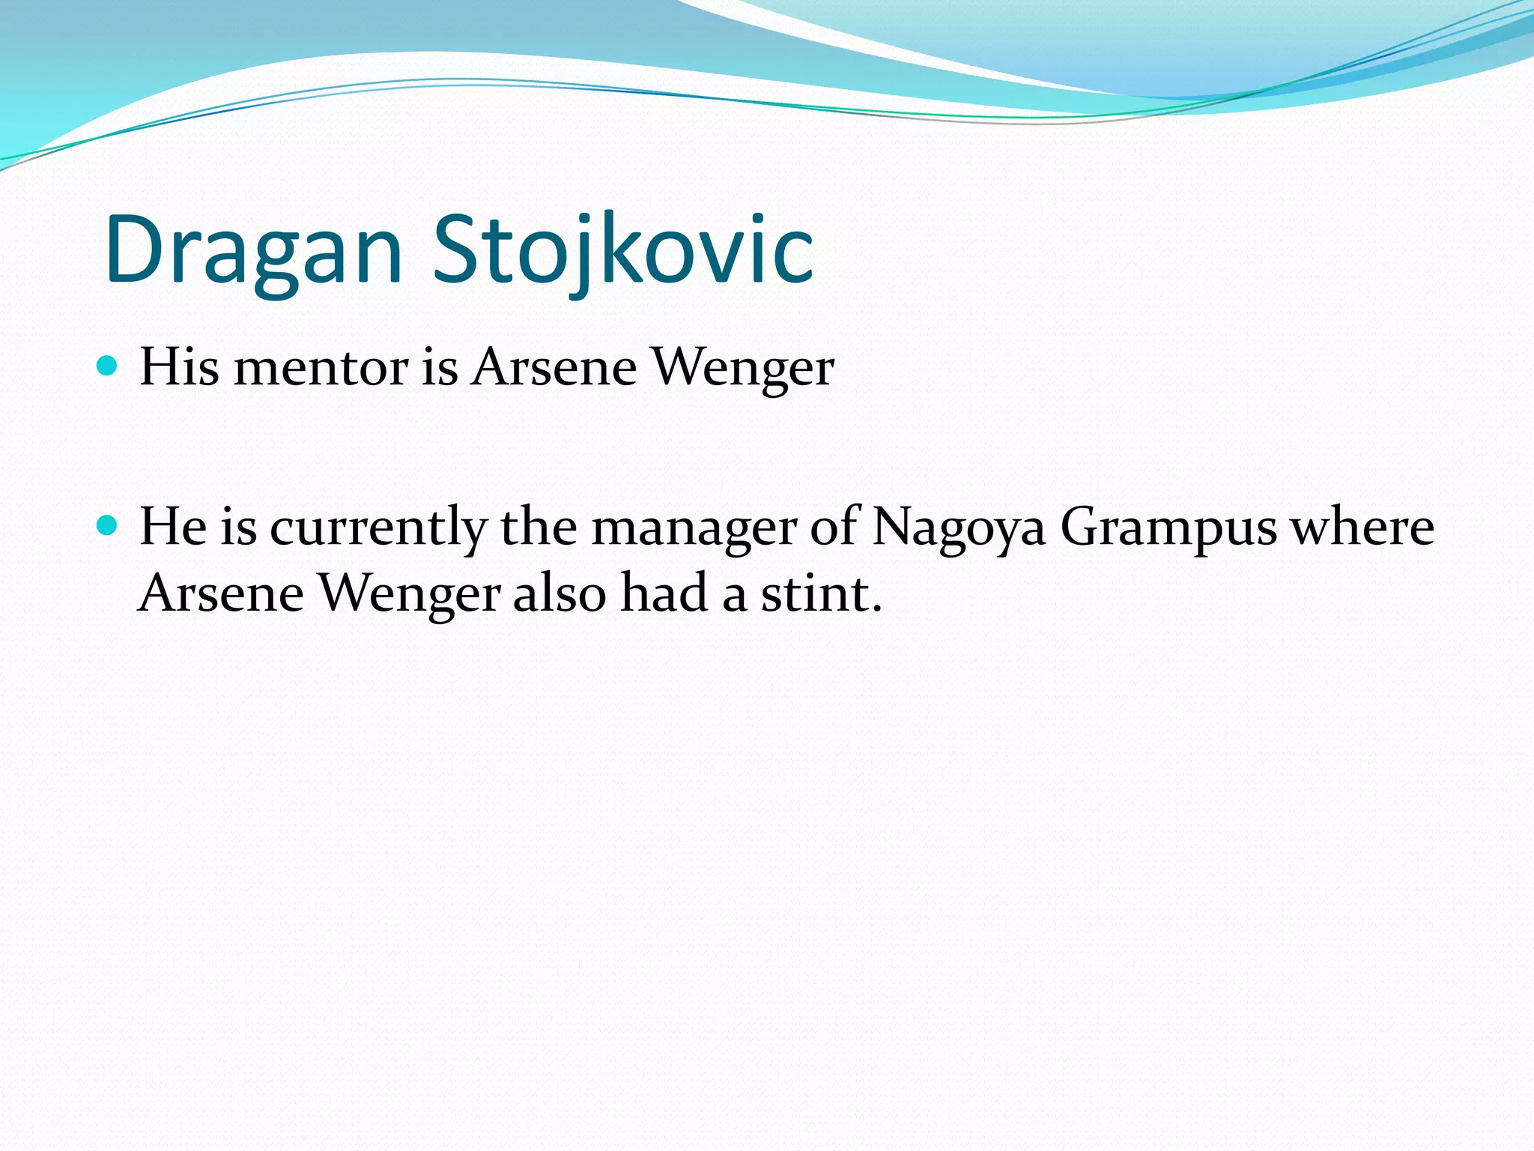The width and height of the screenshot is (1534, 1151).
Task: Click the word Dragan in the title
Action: click(253, 251)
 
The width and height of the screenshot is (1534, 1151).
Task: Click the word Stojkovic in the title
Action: click(623, 251)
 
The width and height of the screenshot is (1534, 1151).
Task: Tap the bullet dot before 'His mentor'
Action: click(108, 366)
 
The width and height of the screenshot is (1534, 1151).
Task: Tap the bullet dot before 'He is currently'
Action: click(108, 526)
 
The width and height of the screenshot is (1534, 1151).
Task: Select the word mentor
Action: click(321, 368)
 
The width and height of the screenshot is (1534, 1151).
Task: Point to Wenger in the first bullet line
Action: click(742, 369)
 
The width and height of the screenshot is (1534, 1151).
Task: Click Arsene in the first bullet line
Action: click(554, 368)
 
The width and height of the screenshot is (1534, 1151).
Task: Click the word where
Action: click(1362, 528)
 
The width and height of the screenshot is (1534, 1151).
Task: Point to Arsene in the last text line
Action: click(221, 593)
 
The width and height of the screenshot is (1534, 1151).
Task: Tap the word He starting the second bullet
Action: click(173, 527)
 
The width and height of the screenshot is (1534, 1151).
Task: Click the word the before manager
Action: click(539, 527)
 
